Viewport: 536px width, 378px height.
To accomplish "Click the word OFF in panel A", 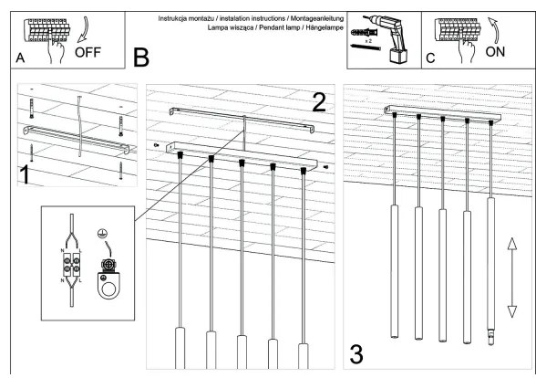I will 88,52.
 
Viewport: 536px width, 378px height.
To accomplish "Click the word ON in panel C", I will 496,52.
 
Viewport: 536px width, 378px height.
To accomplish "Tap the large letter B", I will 141,58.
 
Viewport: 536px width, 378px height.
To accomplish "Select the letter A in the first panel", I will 21,58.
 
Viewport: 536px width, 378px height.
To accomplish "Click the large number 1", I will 28,172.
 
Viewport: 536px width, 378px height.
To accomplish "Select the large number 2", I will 317,103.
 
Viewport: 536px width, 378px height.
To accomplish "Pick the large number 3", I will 358,352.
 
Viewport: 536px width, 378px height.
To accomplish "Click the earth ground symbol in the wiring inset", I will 107,235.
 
